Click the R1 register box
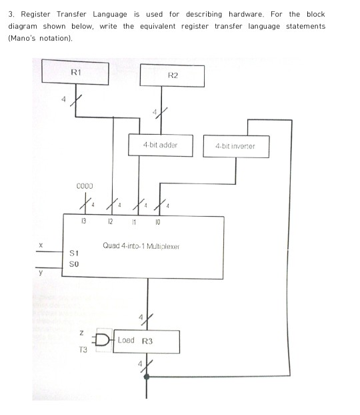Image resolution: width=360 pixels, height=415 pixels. click(75, 73)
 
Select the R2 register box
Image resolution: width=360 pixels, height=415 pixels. click(172, 76)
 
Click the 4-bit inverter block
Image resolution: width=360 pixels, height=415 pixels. click(235, 146)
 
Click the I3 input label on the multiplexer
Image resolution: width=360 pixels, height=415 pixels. click(84, 220)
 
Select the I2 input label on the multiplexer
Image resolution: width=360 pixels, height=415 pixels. click(110, 220)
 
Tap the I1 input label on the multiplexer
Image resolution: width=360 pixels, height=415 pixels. click(134, 220)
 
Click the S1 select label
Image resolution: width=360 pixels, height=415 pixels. click(74, 254)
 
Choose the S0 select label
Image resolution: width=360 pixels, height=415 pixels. click(74, 264)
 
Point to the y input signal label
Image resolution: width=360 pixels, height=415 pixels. click(41, 272)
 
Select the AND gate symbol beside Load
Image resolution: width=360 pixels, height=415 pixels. click(105, 338)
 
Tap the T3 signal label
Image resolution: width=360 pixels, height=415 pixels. click(83, 349)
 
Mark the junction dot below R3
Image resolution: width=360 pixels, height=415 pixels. click(147, 376)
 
